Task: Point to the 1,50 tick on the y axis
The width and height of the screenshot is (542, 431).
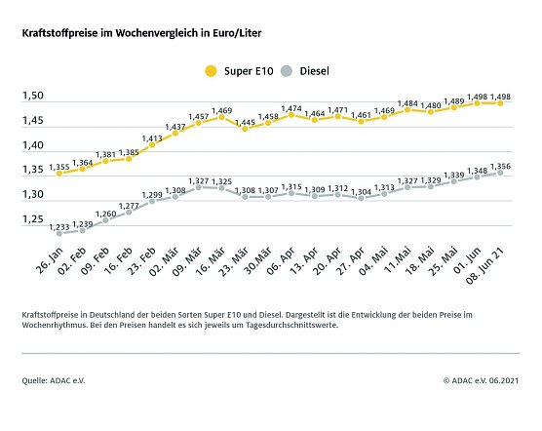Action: coord(34,96)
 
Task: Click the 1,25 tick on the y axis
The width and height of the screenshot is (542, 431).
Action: coord(34,219)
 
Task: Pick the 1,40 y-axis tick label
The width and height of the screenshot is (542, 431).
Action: coord(34,145)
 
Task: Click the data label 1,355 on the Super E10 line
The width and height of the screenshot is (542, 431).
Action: coord(58,169)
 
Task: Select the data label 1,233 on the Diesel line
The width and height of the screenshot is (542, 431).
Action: coord(58,226)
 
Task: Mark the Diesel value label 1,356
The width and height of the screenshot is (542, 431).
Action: coord(503,166)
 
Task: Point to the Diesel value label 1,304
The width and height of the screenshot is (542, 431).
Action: coord(361,191)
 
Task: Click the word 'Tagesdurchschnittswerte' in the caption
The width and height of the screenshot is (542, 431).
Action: coord(375,327)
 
